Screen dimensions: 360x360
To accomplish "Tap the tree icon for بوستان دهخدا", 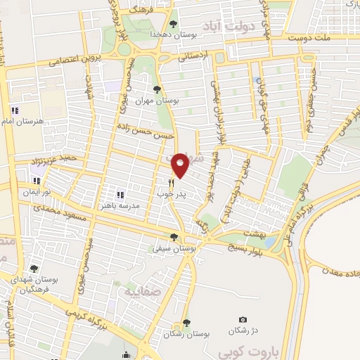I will tap(173, 25).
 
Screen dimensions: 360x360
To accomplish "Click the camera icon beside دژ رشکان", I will tap(243, 320).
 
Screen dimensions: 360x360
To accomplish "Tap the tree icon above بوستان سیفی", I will tap(174, 237).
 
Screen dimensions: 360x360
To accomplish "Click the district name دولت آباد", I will tap(229, 28).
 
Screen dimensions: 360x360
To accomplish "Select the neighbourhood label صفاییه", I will tap(143, 290).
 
